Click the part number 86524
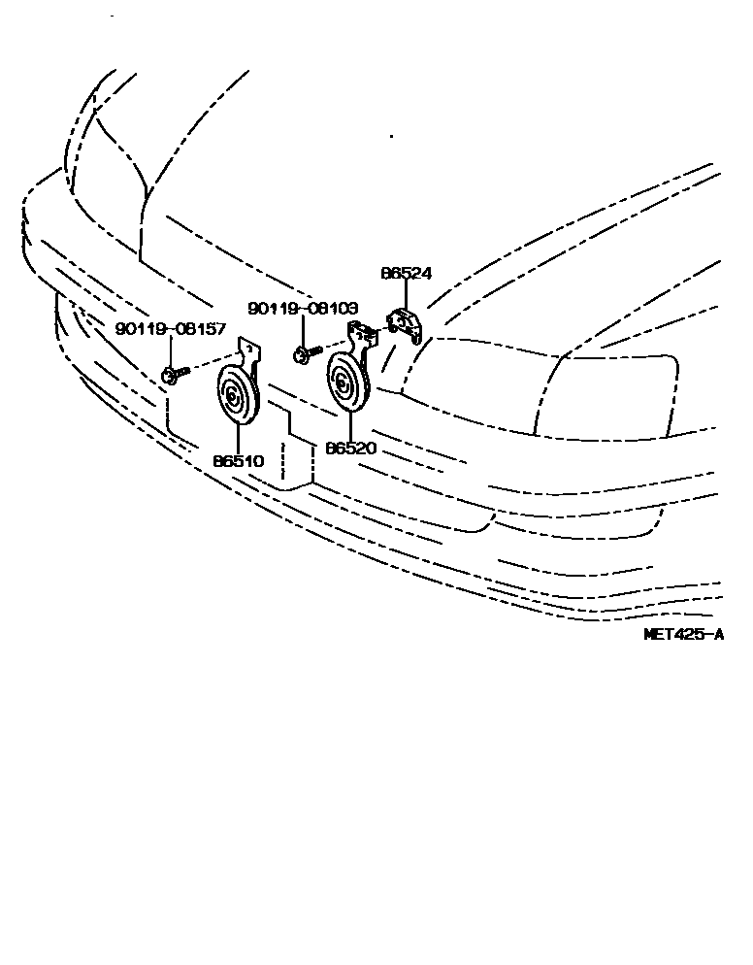(406, 275)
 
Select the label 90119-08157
(171, 329)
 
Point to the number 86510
(239, 461)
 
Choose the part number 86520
(351, 449)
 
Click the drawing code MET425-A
(684, 635)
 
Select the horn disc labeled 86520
(344, 383)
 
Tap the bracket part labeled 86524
(406, 323)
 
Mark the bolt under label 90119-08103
(303, 354)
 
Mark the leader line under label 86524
(406, 295)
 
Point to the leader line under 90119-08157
(171, 349)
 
